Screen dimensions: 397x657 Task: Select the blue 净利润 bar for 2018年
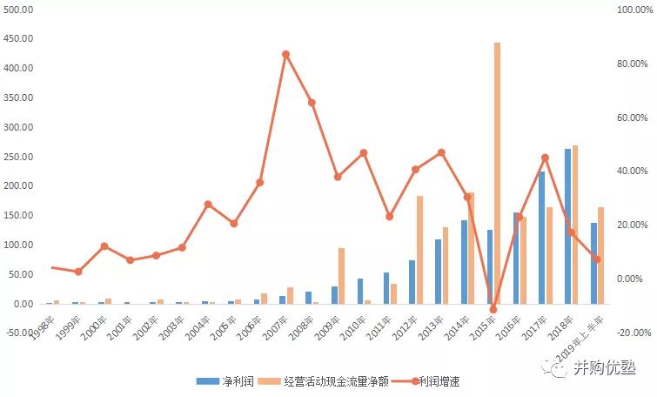click(x=568, y=226)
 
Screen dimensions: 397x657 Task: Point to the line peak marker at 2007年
click(x=285, y=54)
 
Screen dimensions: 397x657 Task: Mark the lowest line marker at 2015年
click(x=493, y=309)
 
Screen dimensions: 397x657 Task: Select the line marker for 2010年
click(x=363, y=153)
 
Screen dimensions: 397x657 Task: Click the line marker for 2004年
click(x=208, y=204)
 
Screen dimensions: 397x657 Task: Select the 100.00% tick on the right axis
click(x=632, y=10)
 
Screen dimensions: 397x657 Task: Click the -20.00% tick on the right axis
click(x=632, y=333)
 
